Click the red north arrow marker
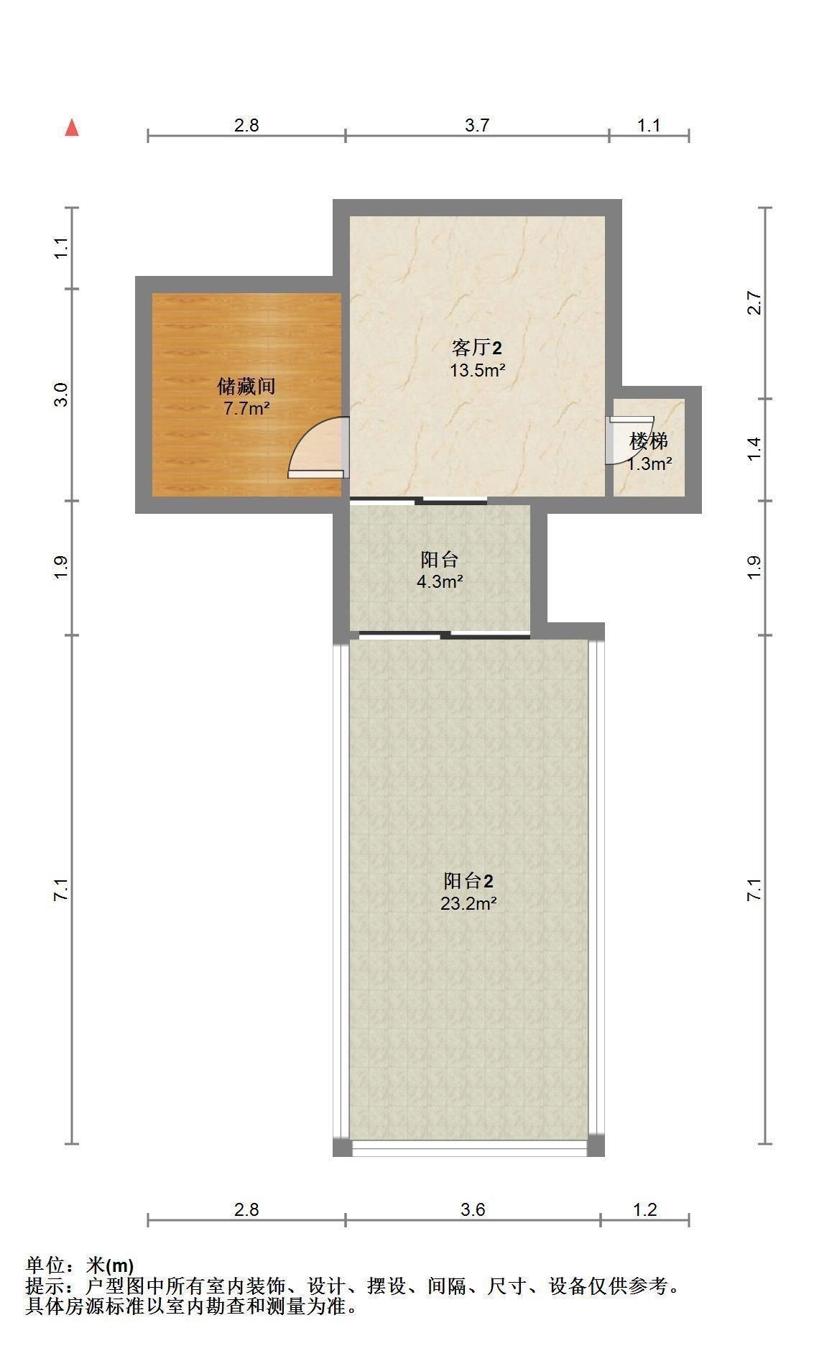click(x=72, y=128)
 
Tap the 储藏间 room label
click(x=246, y=387)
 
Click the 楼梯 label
click(x=649, y=441)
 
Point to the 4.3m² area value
click(x=440, y=581)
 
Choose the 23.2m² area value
click(x=468, y=903)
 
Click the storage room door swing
click(x=318, y=448)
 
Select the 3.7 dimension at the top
click(x=476, y=126)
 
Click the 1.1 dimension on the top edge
click(x=648, y=126)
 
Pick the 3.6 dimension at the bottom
click(x=473, y=1209)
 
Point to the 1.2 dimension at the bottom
click(x=645, y=1209)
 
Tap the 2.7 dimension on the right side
click(x=754, y=303)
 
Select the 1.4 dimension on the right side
click(x=754, y=450)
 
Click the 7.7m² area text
click(x=246, y=410)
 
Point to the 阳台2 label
click(x=468, y=881)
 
